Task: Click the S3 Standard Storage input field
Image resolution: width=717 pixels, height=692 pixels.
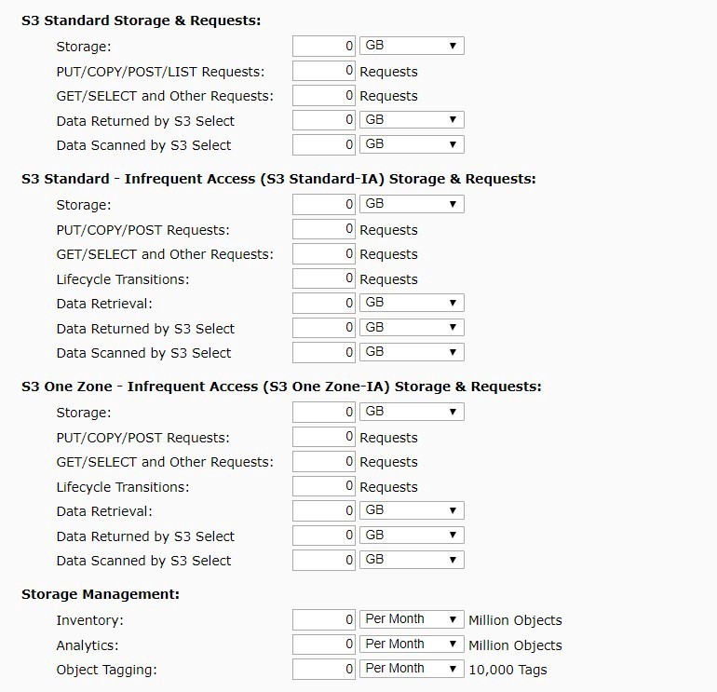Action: click(324, 46)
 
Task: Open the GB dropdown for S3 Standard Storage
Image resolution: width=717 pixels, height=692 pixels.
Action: click(412, 46)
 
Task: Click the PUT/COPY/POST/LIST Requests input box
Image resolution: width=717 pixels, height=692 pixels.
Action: click(324, 71)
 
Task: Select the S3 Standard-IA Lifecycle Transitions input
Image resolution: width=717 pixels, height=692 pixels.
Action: click(324, 278)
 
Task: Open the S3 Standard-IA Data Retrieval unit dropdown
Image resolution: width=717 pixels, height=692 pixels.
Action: click(412, 303)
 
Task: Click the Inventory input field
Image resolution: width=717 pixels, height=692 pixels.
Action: click(324, 619)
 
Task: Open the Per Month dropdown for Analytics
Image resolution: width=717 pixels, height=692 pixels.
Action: click(412, 645)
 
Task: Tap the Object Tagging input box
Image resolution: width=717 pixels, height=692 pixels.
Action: click(324, 669)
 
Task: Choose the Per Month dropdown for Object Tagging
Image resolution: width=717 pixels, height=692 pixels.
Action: click(412, 669)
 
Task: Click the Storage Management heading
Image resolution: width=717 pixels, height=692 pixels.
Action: click(101, 594)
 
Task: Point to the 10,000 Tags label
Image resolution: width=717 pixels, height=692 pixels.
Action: click(507, 670)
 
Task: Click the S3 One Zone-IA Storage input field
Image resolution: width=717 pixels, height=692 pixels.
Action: click(324, 412)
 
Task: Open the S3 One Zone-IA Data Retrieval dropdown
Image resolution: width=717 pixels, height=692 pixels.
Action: click(412, 510)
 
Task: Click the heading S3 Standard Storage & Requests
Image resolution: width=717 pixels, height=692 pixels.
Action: click(142, 20)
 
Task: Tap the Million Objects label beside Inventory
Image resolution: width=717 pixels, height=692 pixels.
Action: click(515, 620)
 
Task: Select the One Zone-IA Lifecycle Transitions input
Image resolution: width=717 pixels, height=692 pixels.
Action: click(324, 486)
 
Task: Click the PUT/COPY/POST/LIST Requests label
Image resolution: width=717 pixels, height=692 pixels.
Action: click(160, 72)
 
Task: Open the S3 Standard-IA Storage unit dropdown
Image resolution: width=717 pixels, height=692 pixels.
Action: click(412, 204)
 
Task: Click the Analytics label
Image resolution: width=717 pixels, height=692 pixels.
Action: click(88, 645)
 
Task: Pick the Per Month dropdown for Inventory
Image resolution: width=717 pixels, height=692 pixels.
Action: click(412, 619)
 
